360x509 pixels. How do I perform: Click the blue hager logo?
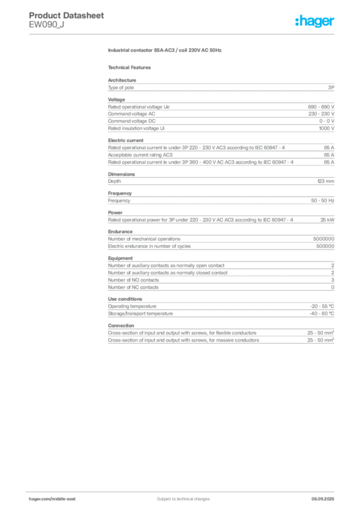315,21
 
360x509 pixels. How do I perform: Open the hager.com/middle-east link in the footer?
53,499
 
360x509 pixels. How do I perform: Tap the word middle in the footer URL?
59,499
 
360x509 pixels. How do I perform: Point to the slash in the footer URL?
51,499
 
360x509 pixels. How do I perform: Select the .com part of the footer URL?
46,499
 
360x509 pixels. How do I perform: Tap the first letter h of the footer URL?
30,499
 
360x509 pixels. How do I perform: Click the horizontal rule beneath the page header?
183,34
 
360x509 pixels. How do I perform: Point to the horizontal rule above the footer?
183,490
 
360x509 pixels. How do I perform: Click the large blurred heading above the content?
165,51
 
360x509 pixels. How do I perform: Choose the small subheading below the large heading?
131,67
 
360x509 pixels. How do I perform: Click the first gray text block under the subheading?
220,87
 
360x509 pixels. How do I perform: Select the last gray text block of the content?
220,336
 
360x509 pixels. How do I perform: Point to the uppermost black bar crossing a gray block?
232,113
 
